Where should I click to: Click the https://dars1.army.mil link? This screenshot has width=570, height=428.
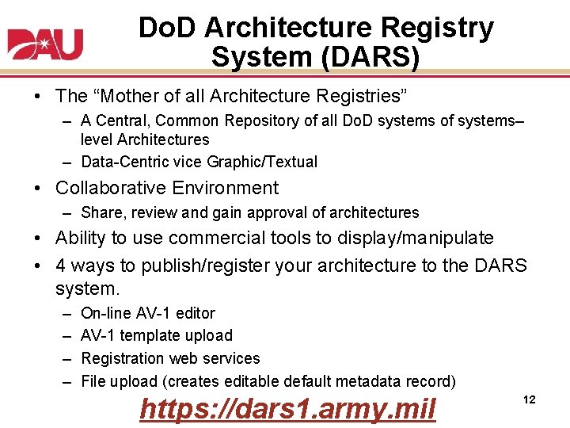pyautogui.click(x=287, y=409)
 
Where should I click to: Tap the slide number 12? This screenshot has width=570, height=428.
pyautogui.click(x=530, y=400)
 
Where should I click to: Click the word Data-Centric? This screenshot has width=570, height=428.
pyautogui.click(x=124, y=162)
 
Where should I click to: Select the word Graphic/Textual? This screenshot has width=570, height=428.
pyautogui.click(x=261, y=162)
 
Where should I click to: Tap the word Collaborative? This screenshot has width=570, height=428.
pyautogui.click(x=113, y=188)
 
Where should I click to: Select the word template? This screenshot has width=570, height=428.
pyautogui.click(x=153, y=335)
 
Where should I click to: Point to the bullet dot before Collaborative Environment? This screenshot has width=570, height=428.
pyautogui.click(x=39, y=189)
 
